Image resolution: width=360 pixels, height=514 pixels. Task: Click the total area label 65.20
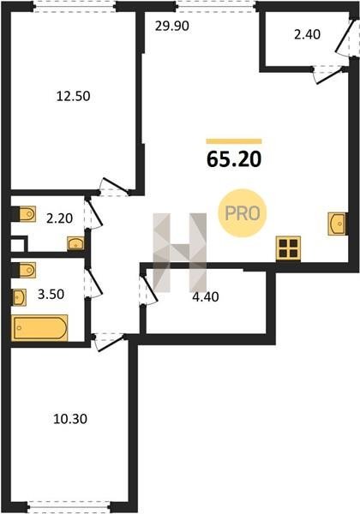[x=234, y=159]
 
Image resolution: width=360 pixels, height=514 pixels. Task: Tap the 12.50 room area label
[x=74, y=96]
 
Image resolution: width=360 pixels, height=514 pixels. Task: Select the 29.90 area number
[x=172, y=26]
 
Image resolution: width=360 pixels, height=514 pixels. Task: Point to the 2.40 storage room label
[x=307, y=34]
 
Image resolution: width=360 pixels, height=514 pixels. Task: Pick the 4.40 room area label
[x=206, y=296]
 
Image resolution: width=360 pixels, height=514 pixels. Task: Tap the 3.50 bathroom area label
[x=51, y=294]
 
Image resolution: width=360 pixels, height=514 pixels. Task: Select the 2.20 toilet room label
[x=59, y=218]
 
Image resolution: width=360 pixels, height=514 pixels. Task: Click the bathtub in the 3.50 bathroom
[x=39, y=328]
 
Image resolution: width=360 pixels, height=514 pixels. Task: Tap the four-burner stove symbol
[x=288, y=248]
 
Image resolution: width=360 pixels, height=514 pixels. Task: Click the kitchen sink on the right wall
[x=337, y=224]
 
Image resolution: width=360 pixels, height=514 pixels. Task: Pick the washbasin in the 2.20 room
[x=75, y=243]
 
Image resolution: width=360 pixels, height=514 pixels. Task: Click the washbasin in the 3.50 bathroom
[x=19, y=297]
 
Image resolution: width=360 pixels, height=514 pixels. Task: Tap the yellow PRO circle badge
[x=243, y=213]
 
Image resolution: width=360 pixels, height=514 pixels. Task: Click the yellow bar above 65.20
[x=234, y=141]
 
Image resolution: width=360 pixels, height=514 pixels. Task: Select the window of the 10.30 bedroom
[x=69, y=511]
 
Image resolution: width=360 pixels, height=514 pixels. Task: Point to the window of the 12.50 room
[x=75, y=6]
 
